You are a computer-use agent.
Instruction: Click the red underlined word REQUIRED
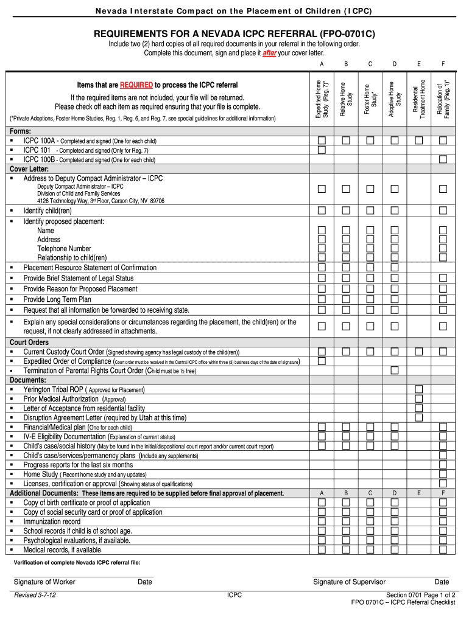point(136,85)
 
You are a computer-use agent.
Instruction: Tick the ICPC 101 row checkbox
point(322,150)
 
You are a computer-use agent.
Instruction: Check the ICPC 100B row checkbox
point(443,159)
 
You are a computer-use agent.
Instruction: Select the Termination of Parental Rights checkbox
point(395,370)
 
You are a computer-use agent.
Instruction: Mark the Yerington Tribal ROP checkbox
point(419,389)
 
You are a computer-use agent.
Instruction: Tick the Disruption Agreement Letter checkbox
point(419,417)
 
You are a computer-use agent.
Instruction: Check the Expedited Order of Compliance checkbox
point(322,361)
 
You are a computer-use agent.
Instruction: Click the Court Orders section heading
point(29,343)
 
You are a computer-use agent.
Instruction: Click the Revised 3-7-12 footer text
point(35,595)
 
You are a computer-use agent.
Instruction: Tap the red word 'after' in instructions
point(269,54)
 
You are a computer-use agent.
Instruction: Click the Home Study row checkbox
point(443,474)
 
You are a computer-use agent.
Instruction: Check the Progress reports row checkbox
point(443,465)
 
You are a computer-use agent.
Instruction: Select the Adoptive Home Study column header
point(395,98)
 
